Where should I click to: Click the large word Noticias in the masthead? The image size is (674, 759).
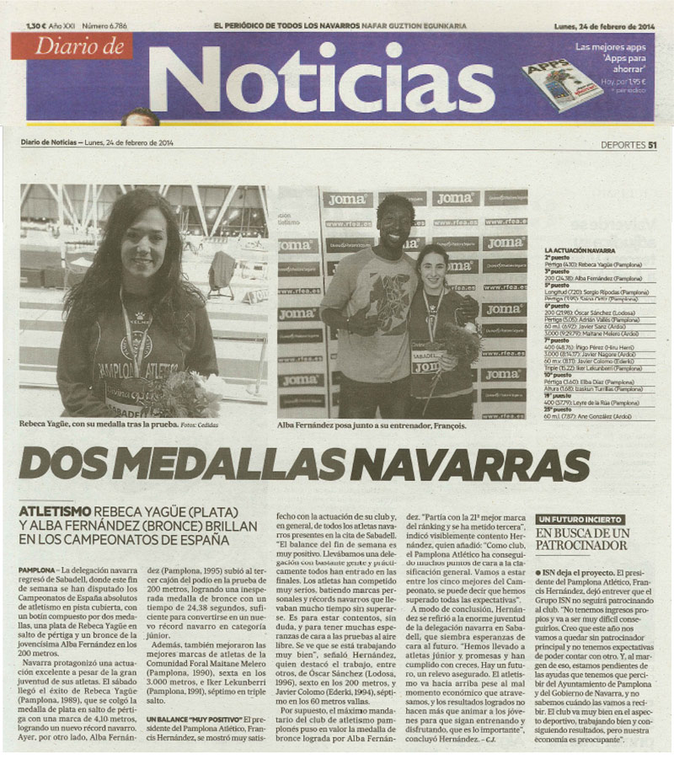click(x=320, y=78)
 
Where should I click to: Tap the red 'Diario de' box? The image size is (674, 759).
click(x=72, y=46)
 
